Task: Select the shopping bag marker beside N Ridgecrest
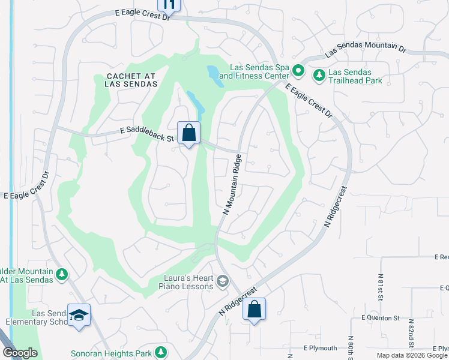point(254,310)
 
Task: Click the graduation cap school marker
point(79,316)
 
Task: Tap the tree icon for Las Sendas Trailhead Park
point(319,75)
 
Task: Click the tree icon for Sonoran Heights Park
point(160,352)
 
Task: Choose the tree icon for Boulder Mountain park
point(61,275)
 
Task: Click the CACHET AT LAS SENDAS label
point(131,80)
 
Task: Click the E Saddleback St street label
point(146,132)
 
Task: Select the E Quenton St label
point(381,317)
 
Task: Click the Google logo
point(20,353)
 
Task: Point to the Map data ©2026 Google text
point(411,355)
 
